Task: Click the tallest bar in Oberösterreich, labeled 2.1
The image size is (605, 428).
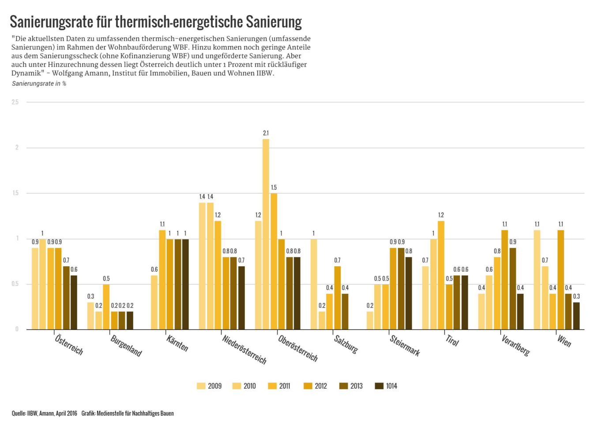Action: [x=266, y=234]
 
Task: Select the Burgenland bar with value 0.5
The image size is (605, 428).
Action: [x=106, y=307]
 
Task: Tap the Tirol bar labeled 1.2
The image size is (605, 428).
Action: [x=441, y=275]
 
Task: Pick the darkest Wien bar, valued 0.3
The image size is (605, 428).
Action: [x=576, y=315]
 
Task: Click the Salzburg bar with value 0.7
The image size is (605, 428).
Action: [x=338, y=297]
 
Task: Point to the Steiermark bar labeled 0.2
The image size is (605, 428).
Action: [x=370, y=320]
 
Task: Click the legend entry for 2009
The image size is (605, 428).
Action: [x=210, y=386]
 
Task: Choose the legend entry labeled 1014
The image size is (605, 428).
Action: [x=386, y=386]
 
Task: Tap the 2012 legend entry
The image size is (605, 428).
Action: [x=315, y=386]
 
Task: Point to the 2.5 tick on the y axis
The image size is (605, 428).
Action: [x=15, y=102]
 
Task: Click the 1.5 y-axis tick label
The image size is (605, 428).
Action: [x=15, y=193]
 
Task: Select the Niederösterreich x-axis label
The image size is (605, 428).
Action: [x=244, y=349]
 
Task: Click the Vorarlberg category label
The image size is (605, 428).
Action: [x=515, y=345]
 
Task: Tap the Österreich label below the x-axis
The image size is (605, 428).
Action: [x=69, y=345]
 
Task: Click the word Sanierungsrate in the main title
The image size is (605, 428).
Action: [x=52, y=22]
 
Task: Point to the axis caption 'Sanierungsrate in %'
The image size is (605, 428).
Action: [x=39, y=83]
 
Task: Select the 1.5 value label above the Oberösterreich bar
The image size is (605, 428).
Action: [x=274, y=188]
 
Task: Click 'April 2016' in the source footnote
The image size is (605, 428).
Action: [x=66, y=413]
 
